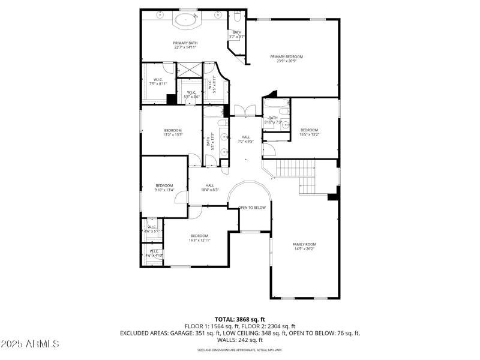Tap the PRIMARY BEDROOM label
pyautogui.click(x=290, y=56)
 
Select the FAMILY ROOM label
pyautogui.click(x=304, y=244)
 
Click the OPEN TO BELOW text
pyautogui.click(x=252, y=208)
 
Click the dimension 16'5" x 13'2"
pyautogui.click(x=309, y=134)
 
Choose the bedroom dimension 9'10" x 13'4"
pyautogui.click(x=164, y=190)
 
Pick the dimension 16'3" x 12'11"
pyautogui.click(x=199, y=239)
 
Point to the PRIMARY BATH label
pyautogui.click(x=185, y=43)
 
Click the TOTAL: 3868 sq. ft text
pyautogui.click(x=240, y=319)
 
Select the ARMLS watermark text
pyautogui.click(x=30, y=344)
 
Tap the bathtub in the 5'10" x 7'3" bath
pyautogui.click(x=276, y=110)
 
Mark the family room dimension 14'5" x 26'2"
pyautogui.click(x=304, y=249)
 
